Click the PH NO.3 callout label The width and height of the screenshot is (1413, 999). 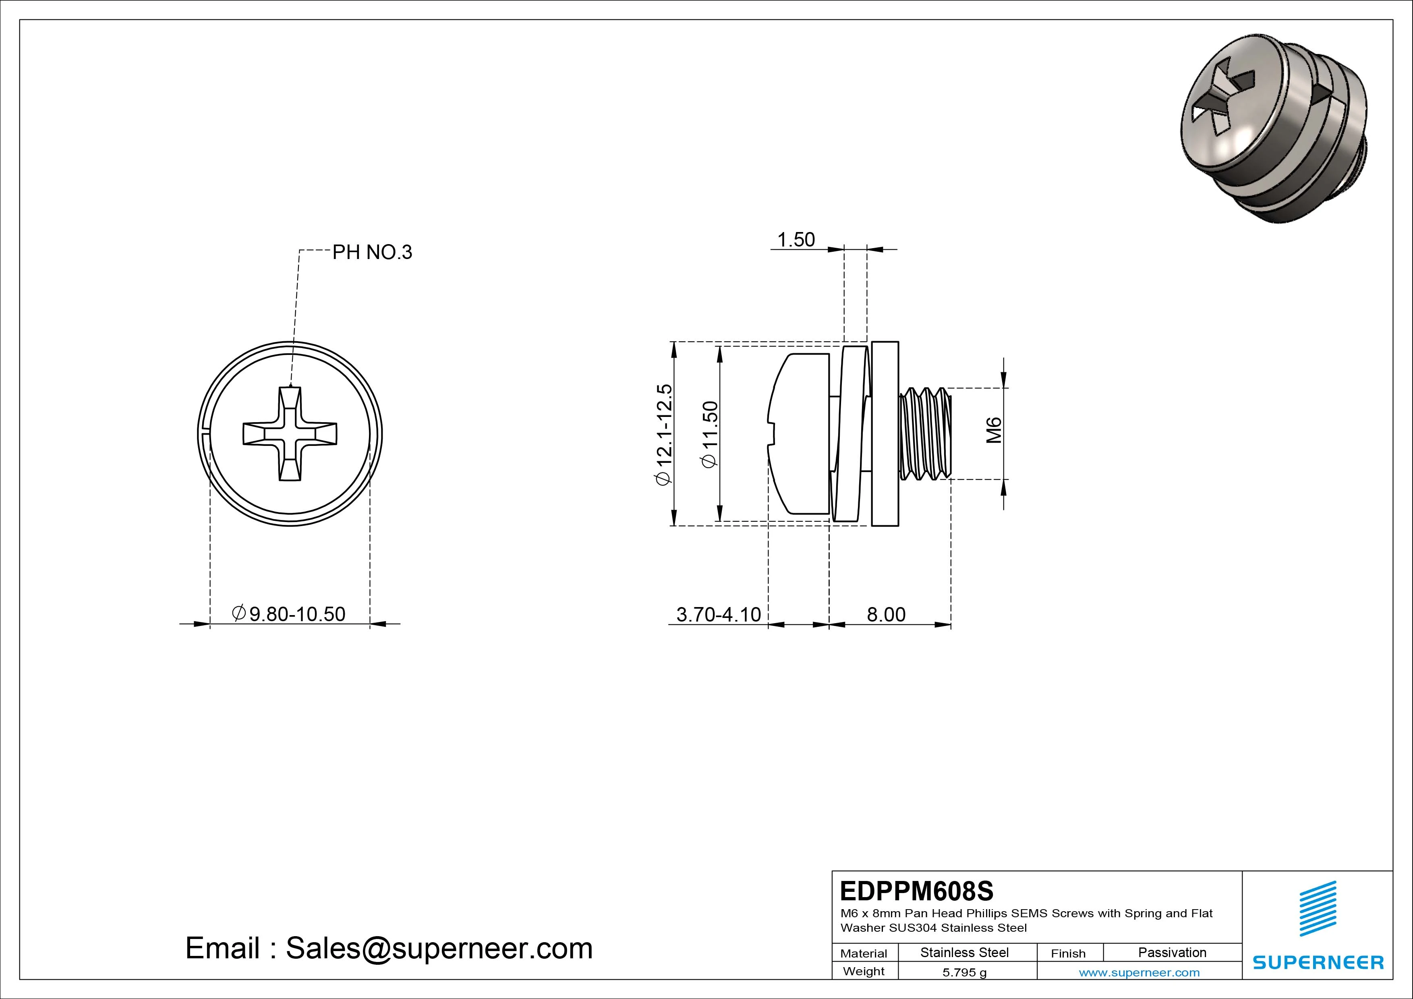pos(372,252)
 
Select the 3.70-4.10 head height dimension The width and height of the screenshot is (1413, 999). pos(718,614)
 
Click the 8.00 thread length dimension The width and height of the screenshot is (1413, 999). pos(886,614)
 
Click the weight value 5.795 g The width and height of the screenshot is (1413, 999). pos(964,972)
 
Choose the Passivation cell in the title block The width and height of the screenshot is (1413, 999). pos(1172,952)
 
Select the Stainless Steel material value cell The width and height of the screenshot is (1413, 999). pos(964,952)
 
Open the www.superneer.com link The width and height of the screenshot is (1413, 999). pos(1139,972)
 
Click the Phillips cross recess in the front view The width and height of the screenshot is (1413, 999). pos(290,434)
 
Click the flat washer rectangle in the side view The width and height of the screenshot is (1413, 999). pos(885,433)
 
